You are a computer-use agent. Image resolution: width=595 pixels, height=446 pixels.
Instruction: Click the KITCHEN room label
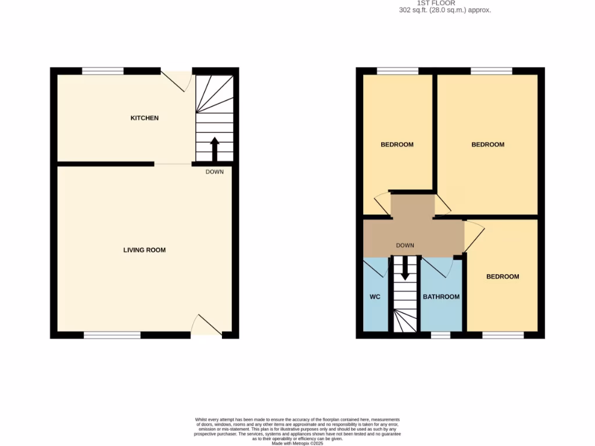click(144, 118)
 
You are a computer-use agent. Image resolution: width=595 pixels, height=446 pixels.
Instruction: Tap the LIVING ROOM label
click(144, 250)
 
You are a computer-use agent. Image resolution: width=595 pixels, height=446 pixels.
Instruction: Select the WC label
click(375, 297)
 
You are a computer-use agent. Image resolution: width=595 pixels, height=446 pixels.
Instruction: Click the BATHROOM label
click(441, 297)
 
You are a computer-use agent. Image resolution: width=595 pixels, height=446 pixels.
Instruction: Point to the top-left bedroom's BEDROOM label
click(397, 145)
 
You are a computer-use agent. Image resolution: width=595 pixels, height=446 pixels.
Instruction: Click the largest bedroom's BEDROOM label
click(488, 145)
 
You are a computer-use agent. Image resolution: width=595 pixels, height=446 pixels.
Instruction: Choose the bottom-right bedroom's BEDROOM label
click(503, 276)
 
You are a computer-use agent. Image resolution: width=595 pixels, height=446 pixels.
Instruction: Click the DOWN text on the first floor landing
click(405, 246)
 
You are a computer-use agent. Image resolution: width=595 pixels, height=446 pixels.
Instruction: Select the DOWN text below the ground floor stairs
click(214, 172)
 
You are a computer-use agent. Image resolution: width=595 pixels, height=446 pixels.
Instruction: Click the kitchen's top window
click(103, 71)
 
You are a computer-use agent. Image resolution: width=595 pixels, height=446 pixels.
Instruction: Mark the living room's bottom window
click(112, 335)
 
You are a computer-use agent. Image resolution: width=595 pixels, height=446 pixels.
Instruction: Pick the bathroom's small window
click(440, 335)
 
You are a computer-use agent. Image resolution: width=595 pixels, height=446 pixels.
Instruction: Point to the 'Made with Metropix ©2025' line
click(297, 443)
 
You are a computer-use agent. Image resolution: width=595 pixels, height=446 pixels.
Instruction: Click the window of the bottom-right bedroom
click(503, 335)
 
